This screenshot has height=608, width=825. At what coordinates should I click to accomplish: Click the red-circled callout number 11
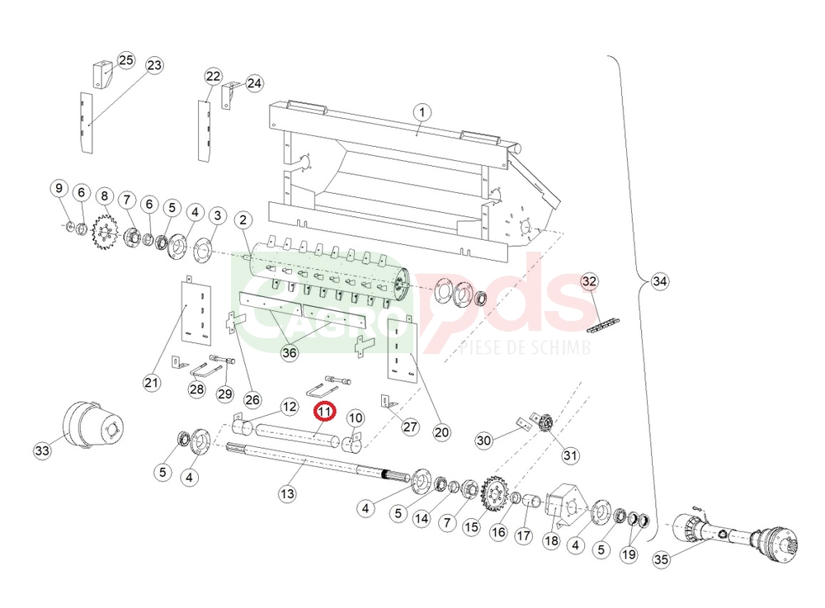pyautogui.click(x=324, y=412)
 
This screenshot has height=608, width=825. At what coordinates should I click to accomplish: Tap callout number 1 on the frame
pyautogui.click(x=422, y=112)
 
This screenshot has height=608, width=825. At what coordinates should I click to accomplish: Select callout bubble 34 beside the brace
pyautogui.click(x=660, y=281)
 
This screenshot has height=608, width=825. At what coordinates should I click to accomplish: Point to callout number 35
pyautogui.click(x=662, y=559)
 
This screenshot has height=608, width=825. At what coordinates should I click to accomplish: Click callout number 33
pyautogui.click(x=42, y=450)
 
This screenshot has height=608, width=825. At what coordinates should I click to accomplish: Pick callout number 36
pyautogui.click(x=290, y=352)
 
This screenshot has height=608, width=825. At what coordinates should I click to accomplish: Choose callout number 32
pyautogui.click(x=589, y=281)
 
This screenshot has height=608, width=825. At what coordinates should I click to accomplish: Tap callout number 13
pyautogui.click(x=287, y=494)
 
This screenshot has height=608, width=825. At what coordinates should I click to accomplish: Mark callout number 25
pyautogui.click(x=125, y=60)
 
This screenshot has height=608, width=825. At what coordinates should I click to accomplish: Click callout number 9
pyautogui.click(x=59, y=188)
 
